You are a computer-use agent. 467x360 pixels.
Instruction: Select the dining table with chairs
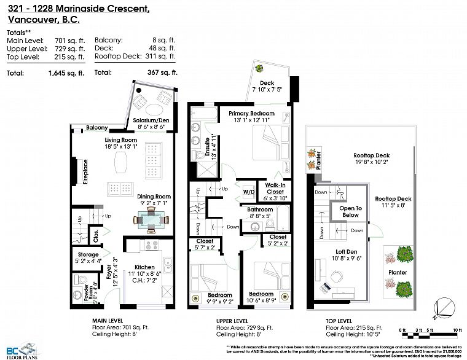151,218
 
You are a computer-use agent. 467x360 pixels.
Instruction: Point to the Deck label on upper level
267,83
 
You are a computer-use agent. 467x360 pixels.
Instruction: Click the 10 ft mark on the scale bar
457,331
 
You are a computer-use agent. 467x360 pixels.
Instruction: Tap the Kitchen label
145,267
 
